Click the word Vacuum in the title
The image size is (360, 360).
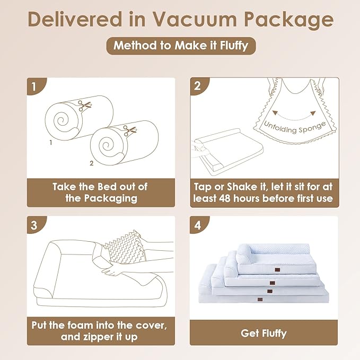point(195,19)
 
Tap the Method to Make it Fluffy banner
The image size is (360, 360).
point(181,46)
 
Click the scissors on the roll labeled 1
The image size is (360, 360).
point(84,106)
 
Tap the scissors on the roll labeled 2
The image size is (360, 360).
point(130,130)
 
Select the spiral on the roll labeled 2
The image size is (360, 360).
point(106,145)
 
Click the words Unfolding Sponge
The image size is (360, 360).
point(295,128)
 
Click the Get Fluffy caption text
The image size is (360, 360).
point(264,333)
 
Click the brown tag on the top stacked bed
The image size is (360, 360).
point(276,269)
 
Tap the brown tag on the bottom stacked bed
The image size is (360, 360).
point(260,300)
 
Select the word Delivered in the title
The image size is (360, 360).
point(75,19)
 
